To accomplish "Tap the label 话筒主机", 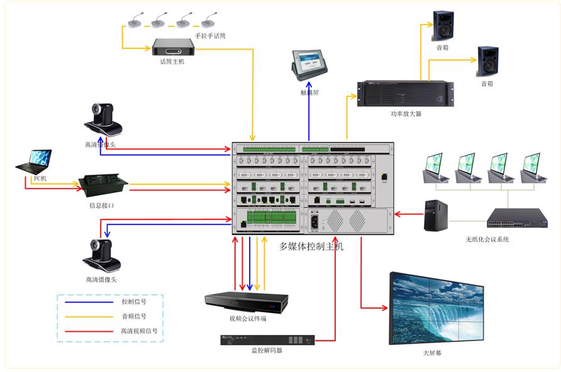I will click(x=172, y=62).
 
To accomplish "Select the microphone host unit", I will click(x=173, y=46).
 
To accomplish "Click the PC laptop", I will click(x=33, y=163).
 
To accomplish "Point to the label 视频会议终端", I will click(x=248, y=319).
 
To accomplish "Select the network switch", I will click(x=516, y=217).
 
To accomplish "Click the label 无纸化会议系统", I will click(x=487, y=239).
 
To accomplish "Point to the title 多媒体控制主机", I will click(x=311, y=246).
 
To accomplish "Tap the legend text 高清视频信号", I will click(x=139, y=331).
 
